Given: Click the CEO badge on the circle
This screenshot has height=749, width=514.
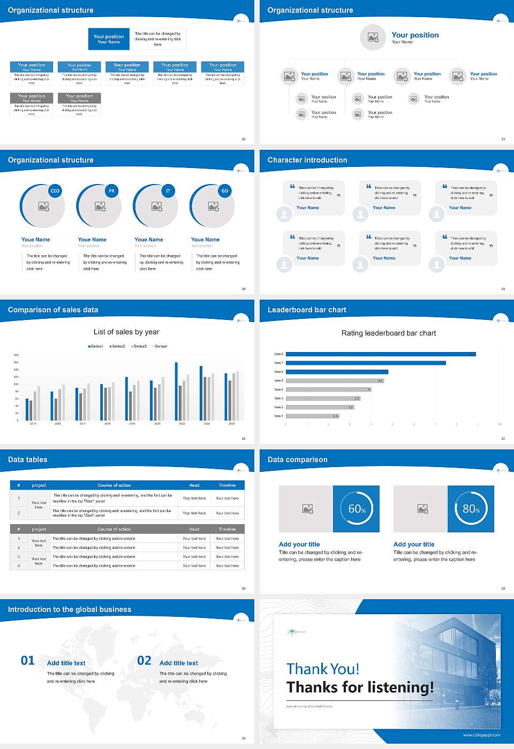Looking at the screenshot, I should [x=55, y=191].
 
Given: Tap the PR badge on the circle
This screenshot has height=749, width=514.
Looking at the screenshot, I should [x=111, y=191].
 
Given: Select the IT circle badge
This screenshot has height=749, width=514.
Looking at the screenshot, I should [x=168, y=191].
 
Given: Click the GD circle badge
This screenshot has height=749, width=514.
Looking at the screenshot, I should [x=225, y=191].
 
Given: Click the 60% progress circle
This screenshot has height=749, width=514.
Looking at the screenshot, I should [x=357, y=509].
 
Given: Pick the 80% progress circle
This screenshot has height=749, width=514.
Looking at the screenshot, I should [x=471, y=509].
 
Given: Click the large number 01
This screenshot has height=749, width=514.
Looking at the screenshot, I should [x=28, y=661].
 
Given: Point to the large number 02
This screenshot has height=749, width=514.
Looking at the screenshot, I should [x=144, y=661].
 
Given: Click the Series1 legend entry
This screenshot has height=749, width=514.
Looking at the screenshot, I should [x=96, y=346].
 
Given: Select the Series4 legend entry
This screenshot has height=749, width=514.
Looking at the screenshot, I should [x=160, y=346].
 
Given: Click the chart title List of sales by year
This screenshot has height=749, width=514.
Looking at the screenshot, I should [x=126, y=332].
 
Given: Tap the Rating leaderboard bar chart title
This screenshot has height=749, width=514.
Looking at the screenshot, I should [x=389, y=333].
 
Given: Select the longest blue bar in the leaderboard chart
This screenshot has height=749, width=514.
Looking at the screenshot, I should [x=380, y=354].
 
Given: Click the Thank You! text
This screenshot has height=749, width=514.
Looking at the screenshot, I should [x=323, y=669].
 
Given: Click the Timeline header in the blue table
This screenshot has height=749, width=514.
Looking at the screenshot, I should [x=227, y=485].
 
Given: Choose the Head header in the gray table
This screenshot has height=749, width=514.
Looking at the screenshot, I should [x=194, y=529].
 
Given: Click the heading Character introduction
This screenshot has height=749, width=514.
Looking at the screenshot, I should [x=307, y=160].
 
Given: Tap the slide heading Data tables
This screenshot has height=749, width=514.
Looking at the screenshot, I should [x=28, y=460].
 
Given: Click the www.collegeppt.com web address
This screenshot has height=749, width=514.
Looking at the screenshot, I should [x=481, y=735].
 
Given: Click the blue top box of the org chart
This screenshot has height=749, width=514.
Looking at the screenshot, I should [x=109, y=39].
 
